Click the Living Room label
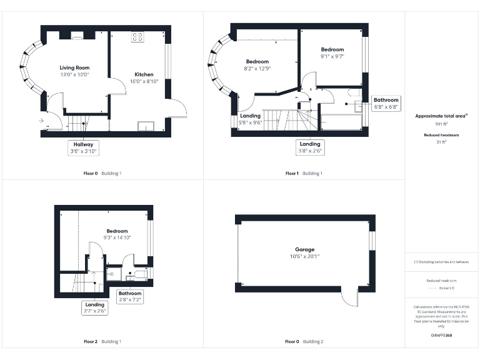pyautogui.click(x=74, y=67)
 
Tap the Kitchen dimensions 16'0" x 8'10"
pyautogui.click(x=144, y=81)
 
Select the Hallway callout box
pyautogui.click(x=83, y=147)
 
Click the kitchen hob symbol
pyautogui.click(x=137, y=37)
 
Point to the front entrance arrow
pyautogui.click(x=41, y=121)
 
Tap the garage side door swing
pyautogui.click(x=349, y=297)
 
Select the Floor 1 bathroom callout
pyautogui.click(x=386, y=103)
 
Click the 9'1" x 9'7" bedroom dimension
pyautogui.click(x=332, y=56)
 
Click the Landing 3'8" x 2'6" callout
pyautogui.click(x=310, y=147)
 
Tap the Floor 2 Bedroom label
pyautogui.click(x=117, y=231)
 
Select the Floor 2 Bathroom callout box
pyautogui.click(x=130, y=296)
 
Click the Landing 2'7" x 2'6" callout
pyautogui.click(x=94, y=307)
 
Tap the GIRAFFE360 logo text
pyautogui.click(x=441, y=336)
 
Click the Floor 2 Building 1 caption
pyautogui.click(x=102, y=342)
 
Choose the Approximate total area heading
pyautogui.click(x=441, y=116)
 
